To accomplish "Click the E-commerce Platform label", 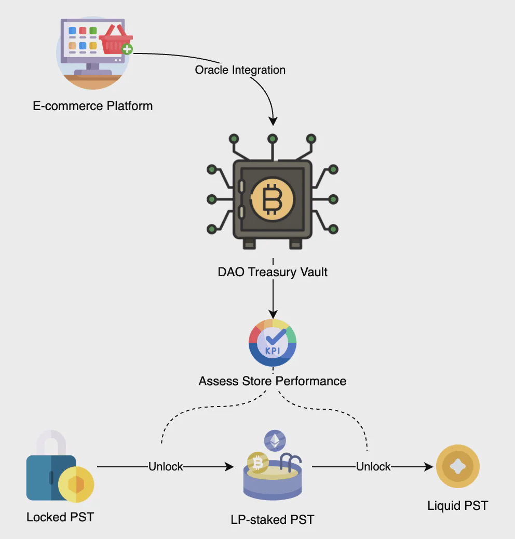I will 92,106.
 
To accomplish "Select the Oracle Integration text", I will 240,70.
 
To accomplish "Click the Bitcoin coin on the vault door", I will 272,199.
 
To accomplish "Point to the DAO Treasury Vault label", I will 273,272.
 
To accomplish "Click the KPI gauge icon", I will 273,343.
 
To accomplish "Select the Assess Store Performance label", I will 272,381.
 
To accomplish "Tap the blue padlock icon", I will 51,465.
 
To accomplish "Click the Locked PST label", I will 60,517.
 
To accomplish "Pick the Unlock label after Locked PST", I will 166,467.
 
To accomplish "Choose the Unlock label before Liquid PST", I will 373,467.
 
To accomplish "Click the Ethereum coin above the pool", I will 275,441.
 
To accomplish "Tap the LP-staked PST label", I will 272,519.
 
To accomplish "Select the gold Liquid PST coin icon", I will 457,466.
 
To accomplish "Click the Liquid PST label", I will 457,505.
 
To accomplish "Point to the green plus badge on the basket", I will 127,49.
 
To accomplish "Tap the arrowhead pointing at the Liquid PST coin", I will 428,467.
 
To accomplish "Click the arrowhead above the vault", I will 273,121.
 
